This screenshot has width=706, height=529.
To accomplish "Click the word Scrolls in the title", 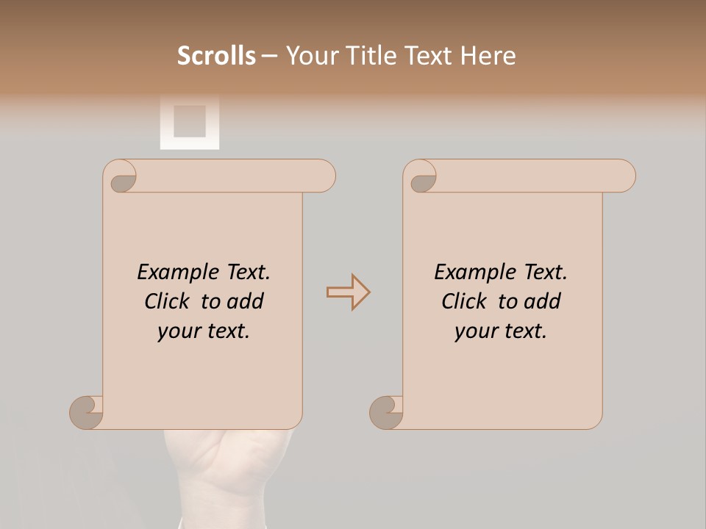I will pyautogui.click(x=216, y=56).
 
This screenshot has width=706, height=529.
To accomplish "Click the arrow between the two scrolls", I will pyautogui.click(x=349, y=292).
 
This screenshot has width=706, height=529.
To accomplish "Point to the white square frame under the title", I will pyautogui.click(x=190, y=121).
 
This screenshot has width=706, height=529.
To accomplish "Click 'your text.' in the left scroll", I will pyautogui.click(x=204, y=331).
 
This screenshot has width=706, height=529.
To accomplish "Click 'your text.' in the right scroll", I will pyautogui.click(x=501, y=331).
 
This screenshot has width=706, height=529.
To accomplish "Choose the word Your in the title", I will pyautogui.click(x=308, y=56).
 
